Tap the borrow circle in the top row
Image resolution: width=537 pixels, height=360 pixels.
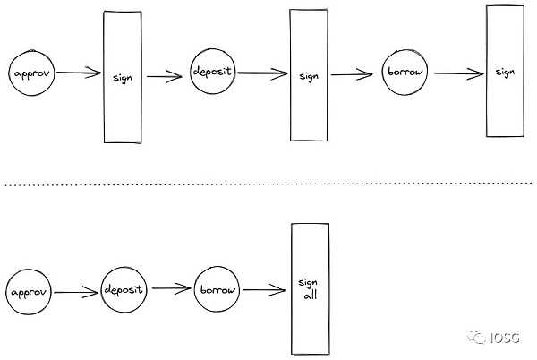pyautogui.click(x=404, y=70)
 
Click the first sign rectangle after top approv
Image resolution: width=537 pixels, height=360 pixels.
pyautogui.click(x=123, y=76)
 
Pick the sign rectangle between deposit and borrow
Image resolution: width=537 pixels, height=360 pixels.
pyautogui.click(x=309, y=75)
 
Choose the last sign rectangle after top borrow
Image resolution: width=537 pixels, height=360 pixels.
pyautogui.click(x=504, y=71)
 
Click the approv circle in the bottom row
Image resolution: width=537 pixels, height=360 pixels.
pyautogui.click(x=29, y=293)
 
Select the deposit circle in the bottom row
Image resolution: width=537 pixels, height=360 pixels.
pyautogui.click(x=123, y=289)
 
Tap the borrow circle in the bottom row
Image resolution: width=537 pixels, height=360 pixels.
pyautogui.click(x=218, y=290)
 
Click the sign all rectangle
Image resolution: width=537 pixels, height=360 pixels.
pyautogui.click(x=308, y=288)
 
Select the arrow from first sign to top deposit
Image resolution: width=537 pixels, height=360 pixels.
pyautogui.click(x=166, y=77)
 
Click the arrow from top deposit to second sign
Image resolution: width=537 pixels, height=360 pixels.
pyautogui.click(x=260, y=75)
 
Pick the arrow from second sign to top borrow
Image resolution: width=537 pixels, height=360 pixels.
pyautogui.click(x=353, y=75)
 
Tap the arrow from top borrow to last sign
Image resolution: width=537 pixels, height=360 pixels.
pyautogui.click(x=453, y=72)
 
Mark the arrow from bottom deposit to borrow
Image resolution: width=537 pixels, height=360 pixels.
pyautogui.click(x=170, y=290)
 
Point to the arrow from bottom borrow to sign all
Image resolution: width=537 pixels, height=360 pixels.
pyautogui.click(x=265, y=289)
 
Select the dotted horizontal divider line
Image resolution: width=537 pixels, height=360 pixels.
pyautogui.click(x=268, y=185)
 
